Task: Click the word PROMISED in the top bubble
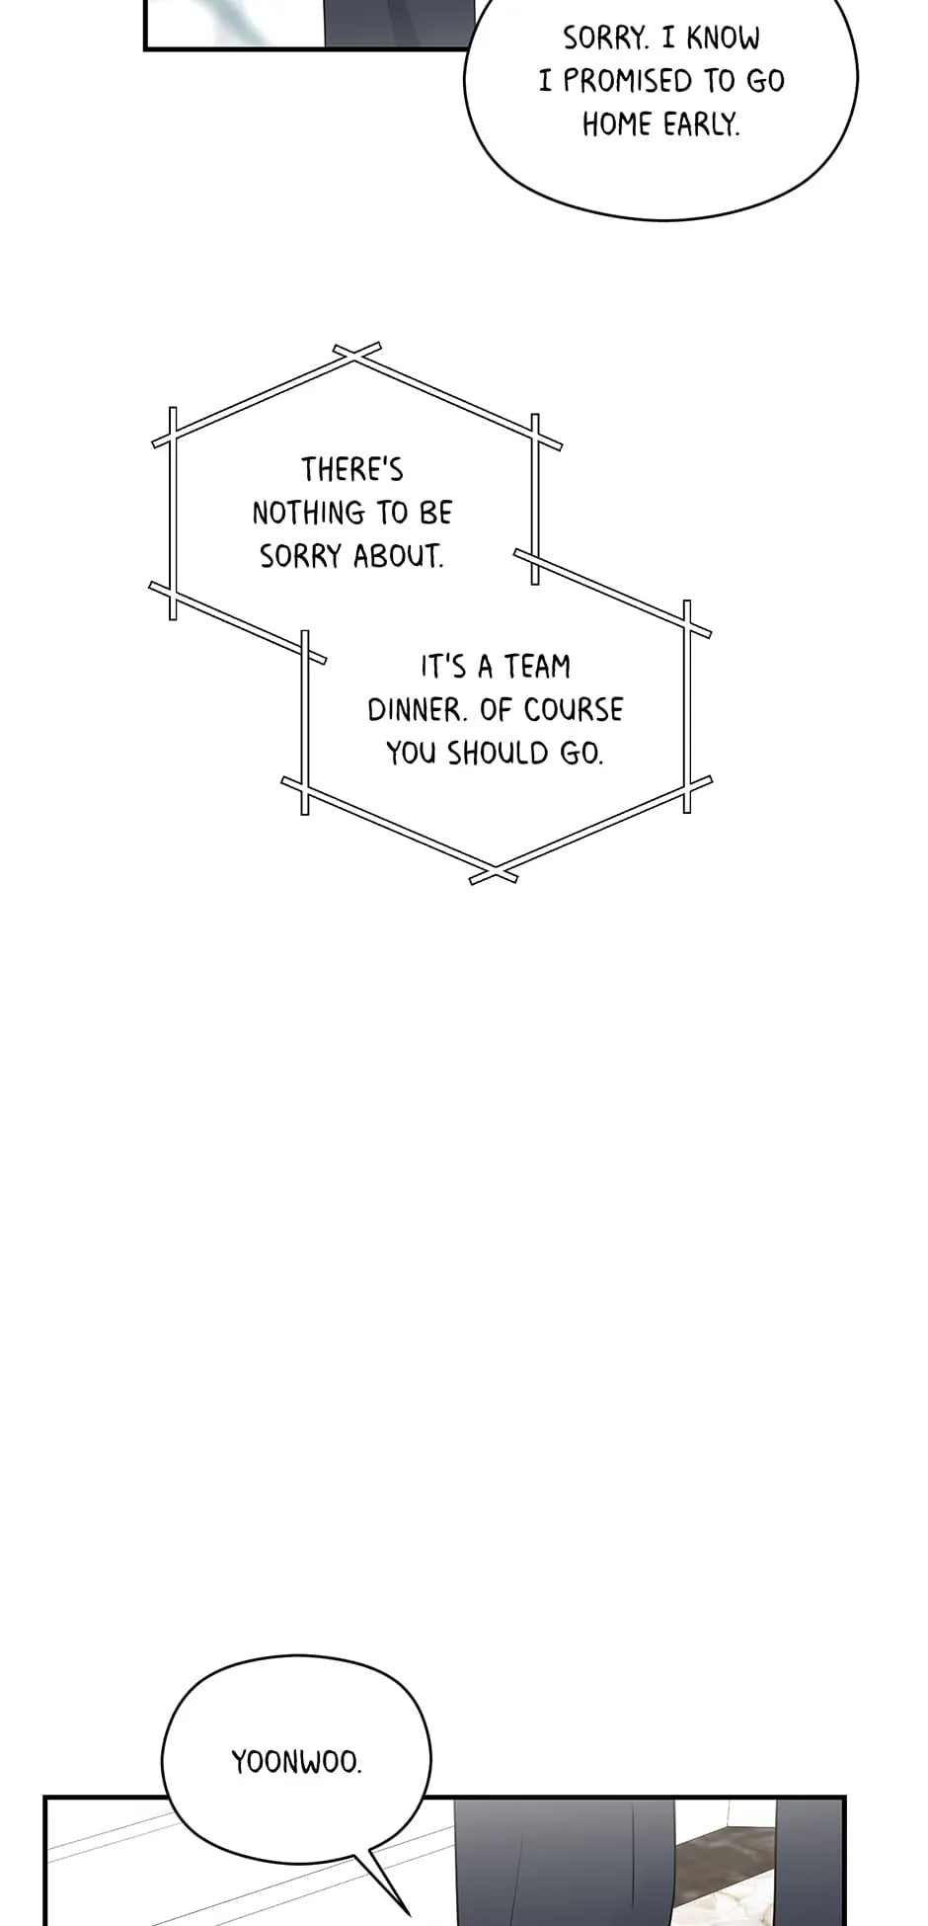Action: coord(628,81)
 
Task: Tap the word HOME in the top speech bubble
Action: coord(617,124)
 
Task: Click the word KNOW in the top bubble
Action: coord(724,39)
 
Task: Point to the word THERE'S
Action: coord(352,469)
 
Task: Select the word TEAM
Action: coord(538,667)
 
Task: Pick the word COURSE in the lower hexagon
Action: coord(574,710)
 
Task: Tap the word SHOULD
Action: coord(497,754)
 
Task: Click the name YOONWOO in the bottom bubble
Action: coord(296,1762)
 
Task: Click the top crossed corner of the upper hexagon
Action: coord(356,356)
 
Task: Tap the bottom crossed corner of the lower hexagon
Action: coord(493,874)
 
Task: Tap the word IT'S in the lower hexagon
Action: coord(443,667)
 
